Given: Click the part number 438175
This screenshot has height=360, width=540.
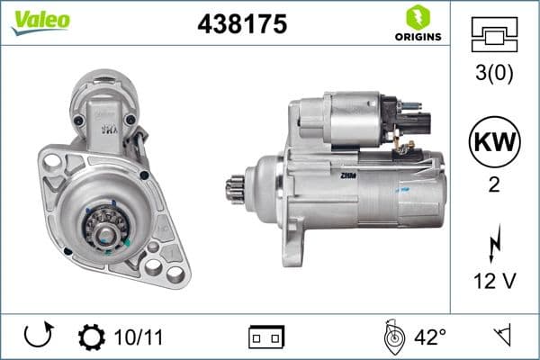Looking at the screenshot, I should tap(241, 24).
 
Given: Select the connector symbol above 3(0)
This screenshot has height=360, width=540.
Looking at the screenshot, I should tap(494, 35).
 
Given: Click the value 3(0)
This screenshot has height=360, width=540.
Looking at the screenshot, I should tap(494, 74).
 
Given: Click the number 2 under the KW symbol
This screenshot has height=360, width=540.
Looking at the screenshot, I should tap(494, 184).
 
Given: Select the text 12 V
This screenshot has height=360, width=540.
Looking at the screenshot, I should tap(494, 282).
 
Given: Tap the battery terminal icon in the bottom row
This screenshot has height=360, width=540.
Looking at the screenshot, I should tap(266, 337).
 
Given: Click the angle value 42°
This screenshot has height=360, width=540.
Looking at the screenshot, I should tap(429, 337).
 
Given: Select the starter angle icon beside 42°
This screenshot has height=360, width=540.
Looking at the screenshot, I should tap(392, 337).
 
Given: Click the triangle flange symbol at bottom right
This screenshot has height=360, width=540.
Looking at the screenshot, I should tap(501, 337).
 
